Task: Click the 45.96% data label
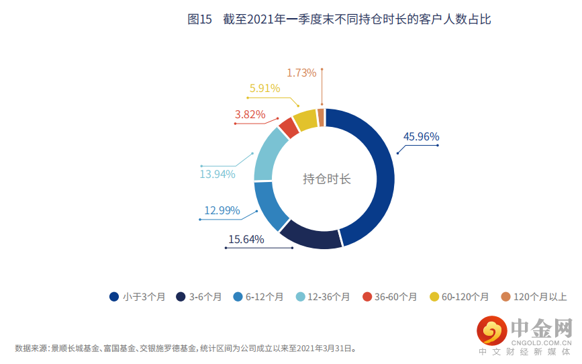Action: [x=421, y=137]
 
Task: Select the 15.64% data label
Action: [x=246, y=239]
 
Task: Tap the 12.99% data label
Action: [x=222, y=211]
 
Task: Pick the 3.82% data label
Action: [x=250, y=115]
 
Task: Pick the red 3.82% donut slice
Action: [x=288, y=126]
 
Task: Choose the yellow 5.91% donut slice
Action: [x=305, y=119]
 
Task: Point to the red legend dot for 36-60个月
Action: [x=367, y=297]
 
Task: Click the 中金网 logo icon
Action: [x=492, y=331]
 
